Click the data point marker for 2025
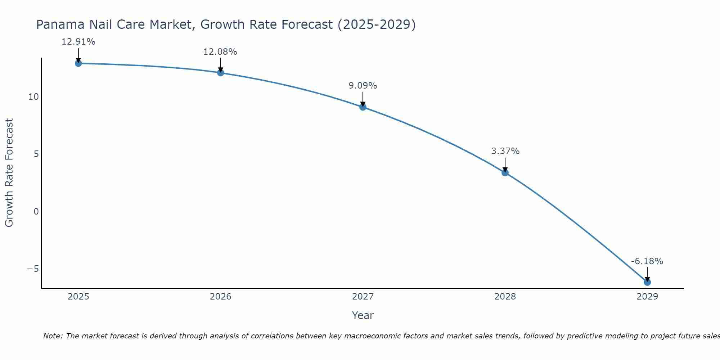[x=78, y=63]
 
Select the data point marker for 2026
[x=220, y=73]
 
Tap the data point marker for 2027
[x=363, y=107]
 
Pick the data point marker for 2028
[x=505, y=172]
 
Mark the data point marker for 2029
[x=647, y=282]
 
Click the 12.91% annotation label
[x=78, y=42]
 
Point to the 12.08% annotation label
[x=220, y=52]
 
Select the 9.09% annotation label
[x=363, y=86]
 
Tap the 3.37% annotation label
[x=505, y=151]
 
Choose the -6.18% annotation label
[x=647, y=261]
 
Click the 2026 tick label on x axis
[x=220, y=297]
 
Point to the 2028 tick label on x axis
[x=505, y=297]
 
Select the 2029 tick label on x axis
[x=647, y=297]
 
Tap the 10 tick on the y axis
[x=33, y=97]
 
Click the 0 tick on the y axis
[x=36, y=211]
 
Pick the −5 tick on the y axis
[x=33, y=269]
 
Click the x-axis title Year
[x=363, y=315]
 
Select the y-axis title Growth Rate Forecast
[x=9, y=172]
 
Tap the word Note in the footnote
[x=53, y=336]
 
